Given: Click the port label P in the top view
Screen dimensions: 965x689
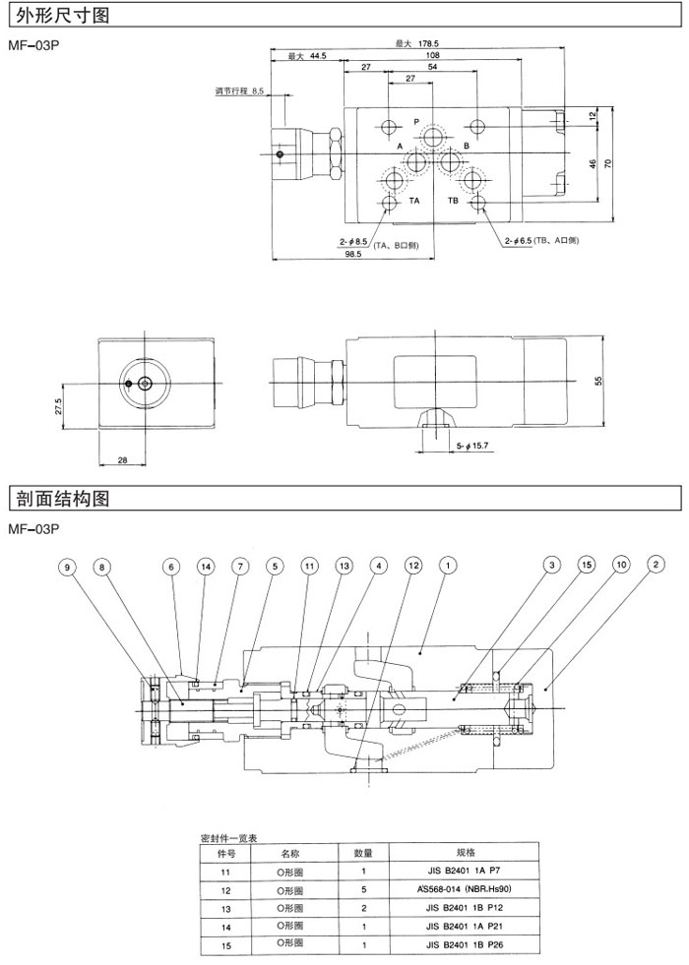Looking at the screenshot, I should pyautogui.click(x=416, y=122).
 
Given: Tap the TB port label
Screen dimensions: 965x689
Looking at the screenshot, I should pyautogui.click(x=454, y=201).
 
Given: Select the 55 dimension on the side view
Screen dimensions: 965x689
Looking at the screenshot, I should pyautogui.click(x=598, y=380).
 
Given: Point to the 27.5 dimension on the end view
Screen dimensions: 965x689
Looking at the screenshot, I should pyautogui.click(x=60, y=407).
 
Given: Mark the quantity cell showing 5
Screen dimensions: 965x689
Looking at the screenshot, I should pyautogui.click(x=363, y=889).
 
